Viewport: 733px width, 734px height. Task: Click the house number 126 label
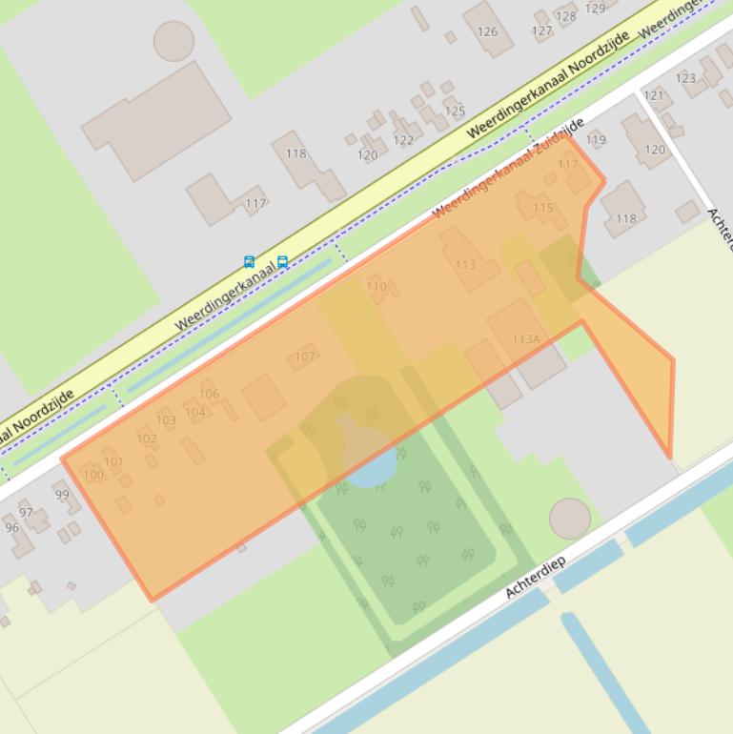tap(487, 31)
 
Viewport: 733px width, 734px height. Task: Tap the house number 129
tap(595, 9)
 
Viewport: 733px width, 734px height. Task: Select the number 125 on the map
tap(455, 112)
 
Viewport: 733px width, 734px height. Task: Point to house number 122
tap(403, 140)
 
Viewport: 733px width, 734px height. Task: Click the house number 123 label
tap(685, 78)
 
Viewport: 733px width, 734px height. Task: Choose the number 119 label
tap(596, 140)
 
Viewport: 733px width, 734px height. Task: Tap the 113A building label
tap(526, 338)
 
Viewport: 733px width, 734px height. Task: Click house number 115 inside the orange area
tap(543, 208)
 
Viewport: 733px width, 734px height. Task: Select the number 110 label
tap(377, 286)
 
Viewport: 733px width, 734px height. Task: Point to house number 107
tap(304, 357)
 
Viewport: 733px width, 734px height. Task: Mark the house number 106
tap(210, 394)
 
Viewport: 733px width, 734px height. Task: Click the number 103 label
tap(166, 419)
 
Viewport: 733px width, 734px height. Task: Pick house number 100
tap(92, 475)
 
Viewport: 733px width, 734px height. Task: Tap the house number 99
tap(62, 495)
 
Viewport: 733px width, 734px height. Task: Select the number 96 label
tap(11, 527)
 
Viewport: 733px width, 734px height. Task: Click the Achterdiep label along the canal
tap(536, 577)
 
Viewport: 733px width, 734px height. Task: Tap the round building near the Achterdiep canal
tap(569, 518)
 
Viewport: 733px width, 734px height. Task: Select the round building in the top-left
tap(173, 41)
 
